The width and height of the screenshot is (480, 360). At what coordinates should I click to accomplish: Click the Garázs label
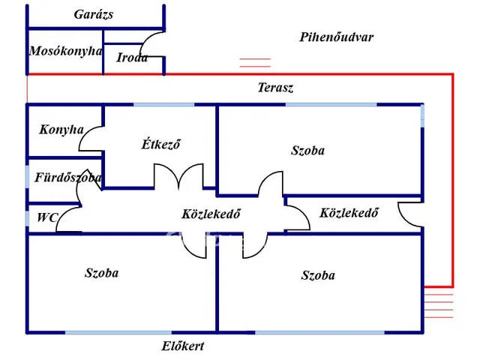(94, 14)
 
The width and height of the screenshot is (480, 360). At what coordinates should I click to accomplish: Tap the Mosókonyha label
(65, 51)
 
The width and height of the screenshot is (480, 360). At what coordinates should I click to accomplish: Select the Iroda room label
(132, 57)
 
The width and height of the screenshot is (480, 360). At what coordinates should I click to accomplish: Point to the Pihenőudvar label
(336, 37)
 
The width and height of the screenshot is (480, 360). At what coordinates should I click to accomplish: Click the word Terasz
(275, 88)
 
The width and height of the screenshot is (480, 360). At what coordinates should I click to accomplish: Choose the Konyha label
(61, 129)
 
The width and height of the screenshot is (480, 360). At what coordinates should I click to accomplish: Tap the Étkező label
(161, 145)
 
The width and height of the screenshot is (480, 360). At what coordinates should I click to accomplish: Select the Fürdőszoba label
(68, 178)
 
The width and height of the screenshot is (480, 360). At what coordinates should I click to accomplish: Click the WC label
(47, 218)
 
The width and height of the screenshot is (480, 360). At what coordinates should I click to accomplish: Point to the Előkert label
(183, 346)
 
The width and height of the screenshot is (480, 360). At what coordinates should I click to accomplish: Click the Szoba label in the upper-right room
(307, 150)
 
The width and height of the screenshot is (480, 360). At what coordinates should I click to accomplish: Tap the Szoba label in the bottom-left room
(101, 273)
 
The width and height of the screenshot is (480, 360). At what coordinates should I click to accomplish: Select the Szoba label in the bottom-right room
(318, 275)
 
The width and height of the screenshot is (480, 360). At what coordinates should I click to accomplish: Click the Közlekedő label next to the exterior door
(349, 212)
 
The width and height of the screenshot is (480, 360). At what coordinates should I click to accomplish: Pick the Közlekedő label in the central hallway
(211, 213)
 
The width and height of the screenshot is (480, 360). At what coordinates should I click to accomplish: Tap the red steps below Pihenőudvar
(255, 64)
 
